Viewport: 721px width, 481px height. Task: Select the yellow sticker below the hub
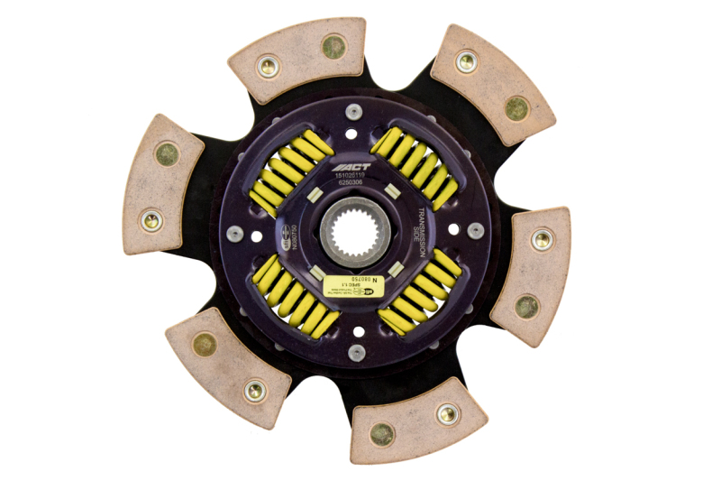(353, 282)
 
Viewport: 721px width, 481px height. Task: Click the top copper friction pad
(298, 59)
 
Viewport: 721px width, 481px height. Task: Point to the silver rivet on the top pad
(268, 66)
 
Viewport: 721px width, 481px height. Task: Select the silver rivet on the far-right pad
(542, 240)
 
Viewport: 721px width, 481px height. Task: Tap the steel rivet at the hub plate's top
(353, 112)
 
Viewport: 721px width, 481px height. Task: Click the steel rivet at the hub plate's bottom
(357, 351)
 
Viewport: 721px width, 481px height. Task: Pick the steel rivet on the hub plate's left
(235, 233)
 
